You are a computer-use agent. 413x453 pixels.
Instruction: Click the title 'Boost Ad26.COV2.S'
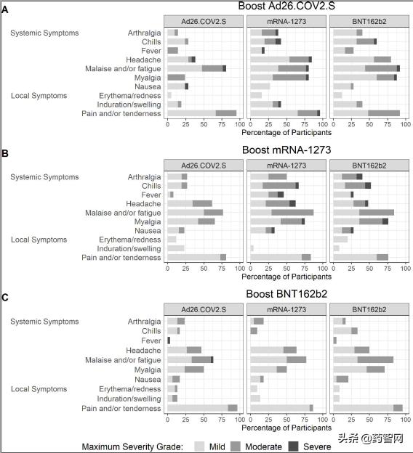(286, 6)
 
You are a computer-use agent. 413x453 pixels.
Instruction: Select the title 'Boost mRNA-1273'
(286, 150)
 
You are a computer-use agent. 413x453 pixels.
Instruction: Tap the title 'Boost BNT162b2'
(286, 294)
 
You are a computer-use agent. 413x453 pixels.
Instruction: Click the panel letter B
(5, 153)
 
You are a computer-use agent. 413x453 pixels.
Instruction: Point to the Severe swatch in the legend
(294, 446)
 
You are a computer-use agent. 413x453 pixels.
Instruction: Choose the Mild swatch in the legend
(199, 446)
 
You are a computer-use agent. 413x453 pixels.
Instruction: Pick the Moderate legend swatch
(236, 446)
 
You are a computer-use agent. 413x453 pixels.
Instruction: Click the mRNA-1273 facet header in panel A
(286, 21)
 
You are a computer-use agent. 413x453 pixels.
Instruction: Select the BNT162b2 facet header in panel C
(369, 309)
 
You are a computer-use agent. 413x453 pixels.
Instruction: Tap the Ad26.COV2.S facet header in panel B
(204, 166)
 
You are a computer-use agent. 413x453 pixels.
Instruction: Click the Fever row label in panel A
(151, 51)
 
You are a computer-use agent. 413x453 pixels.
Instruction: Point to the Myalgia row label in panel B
(148, 222)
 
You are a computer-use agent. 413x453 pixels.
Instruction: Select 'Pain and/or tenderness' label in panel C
(121, 409)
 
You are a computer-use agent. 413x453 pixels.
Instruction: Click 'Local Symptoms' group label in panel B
(39, 240)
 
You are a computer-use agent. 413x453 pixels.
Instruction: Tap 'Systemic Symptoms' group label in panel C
(44, 322)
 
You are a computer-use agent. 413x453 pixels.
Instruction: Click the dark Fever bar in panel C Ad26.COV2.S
(169, 340)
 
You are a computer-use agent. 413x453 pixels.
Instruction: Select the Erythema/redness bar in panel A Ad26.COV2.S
(169, 95)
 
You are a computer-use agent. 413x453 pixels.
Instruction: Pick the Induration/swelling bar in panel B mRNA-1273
(252, 248)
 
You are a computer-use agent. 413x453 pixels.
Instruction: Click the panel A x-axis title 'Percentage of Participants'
(286, 133)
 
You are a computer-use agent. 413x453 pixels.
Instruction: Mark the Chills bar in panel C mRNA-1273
(254, 331)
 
